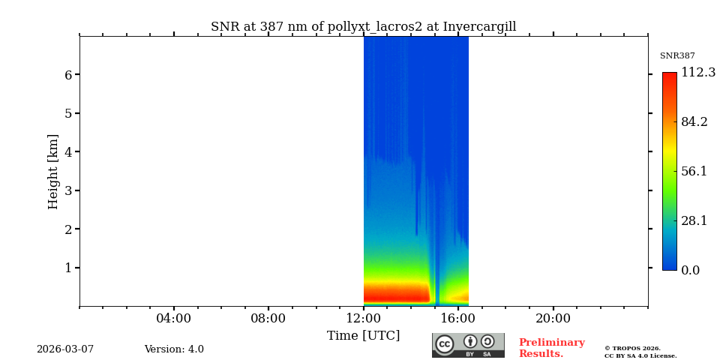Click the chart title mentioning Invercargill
click(x=363, y=27)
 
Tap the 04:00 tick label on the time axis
click(x=173, y=319)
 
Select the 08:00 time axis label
click(x=268, y=319)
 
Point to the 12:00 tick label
click(x=363, y=319)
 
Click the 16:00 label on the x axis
click(x=458, y=319)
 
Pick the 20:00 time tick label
click(x=553, y=319)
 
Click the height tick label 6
click(x=67, y=75)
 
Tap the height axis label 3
click(x=67, y=190)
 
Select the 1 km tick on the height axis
click(x=67, y=268)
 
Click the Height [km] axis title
click(x=53, y=171)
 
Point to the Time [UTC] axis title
click(x=363, y=336)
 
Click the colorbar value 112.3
click(x=697, y=73)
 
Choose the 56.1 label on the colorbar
click(x=694, y=171)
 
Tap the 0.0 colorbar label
click(x=690, y=271)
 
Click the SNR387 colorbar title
click(x=677, y=56)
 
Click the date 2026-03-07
click(x=65, y=349)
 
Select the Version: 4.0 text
click(x=174, y=349)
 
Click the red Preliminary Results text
click(x=551, y=348)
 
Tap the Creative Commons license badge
click(x=468, y=345)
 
